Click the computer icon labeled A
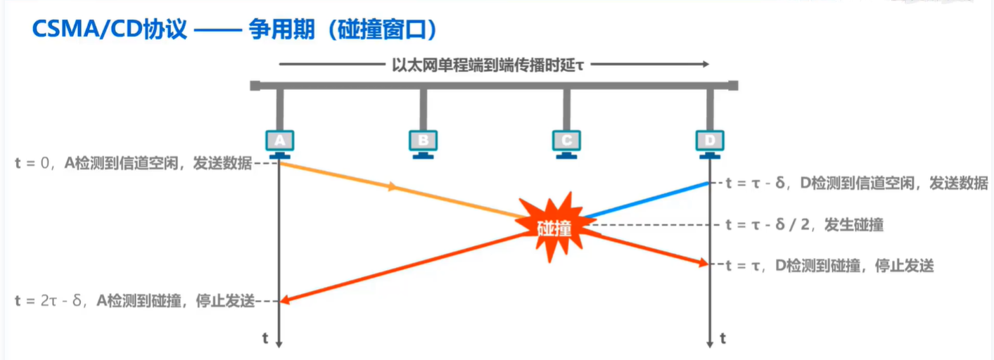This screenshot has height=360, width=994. [279, 141]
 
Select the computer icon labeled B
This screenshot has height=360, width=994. [423, 141]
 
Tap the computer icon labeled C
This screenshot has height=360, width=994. [566, 141]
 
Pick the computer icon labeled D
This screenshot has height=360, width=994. [710, 141]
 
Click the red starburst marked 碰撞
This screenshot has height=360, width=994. [554, 225]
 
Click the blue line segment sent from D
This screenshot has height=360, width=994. [647, 200]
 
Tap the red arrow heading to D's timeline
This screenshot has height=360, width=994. [647, 247]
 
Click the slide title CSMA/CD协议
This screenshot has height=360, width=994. [109, 30]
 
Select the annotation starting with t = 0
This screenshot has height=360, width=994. [132, 164]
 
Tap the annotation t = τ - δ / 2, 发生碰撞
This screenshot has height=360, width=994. [804, 225]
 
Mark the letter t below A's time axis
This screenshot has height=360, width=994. [265, 339]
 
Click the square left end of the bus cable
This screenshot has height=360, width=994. [255, 86]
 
